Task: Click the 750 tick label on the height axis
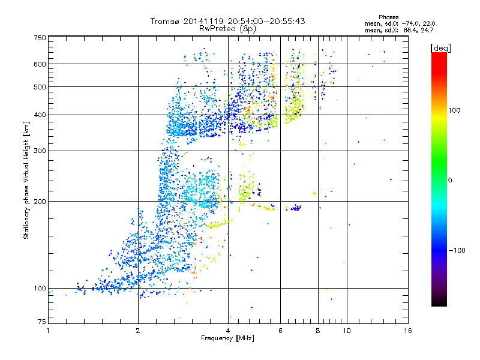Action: pyautogui.click(x=39, y=37)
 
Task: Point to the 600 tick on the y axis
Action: pyautogui.click(x=39, y=64)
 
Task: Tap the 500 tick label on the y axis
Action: pyautogui.click(x=39, y=86)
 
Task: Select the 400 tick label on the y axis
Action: pyautogui.click(x=39, y=115)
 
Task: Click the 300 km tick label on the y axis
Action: pyautogui.click(x=39, y=151)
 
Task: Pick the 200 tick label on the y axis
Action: pyautogui.click(x=39, y=201)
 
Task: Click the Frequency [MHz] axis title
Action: pyautogui.click(x=227, y=339)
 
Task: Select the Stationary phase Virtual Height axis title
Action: pyautogui.click(x=26, y=180)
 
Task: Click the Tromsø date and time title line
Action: pyautogui.click(x=227, y=21)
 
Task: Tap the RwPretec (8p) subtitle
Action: pyautogui.click(x=227, y=28)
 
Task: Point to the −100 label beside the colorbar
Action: pyautogui.click(x=458, y=250)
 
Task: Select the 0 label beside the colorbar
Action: pyautogui.click(x=451, y=180)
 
